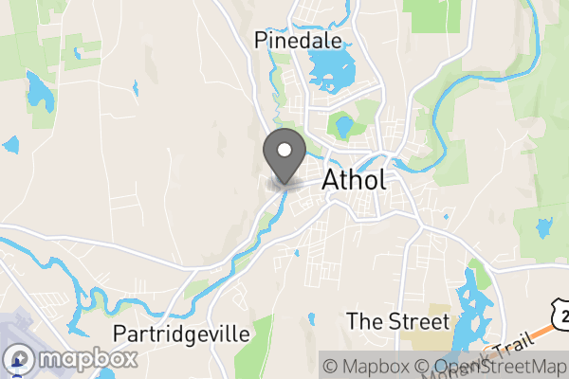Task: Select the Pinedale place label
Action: tap(297, 40)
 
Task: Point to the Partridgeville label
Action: tap(181, 334)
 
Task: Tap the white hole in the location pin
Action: tap(284, 149)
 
